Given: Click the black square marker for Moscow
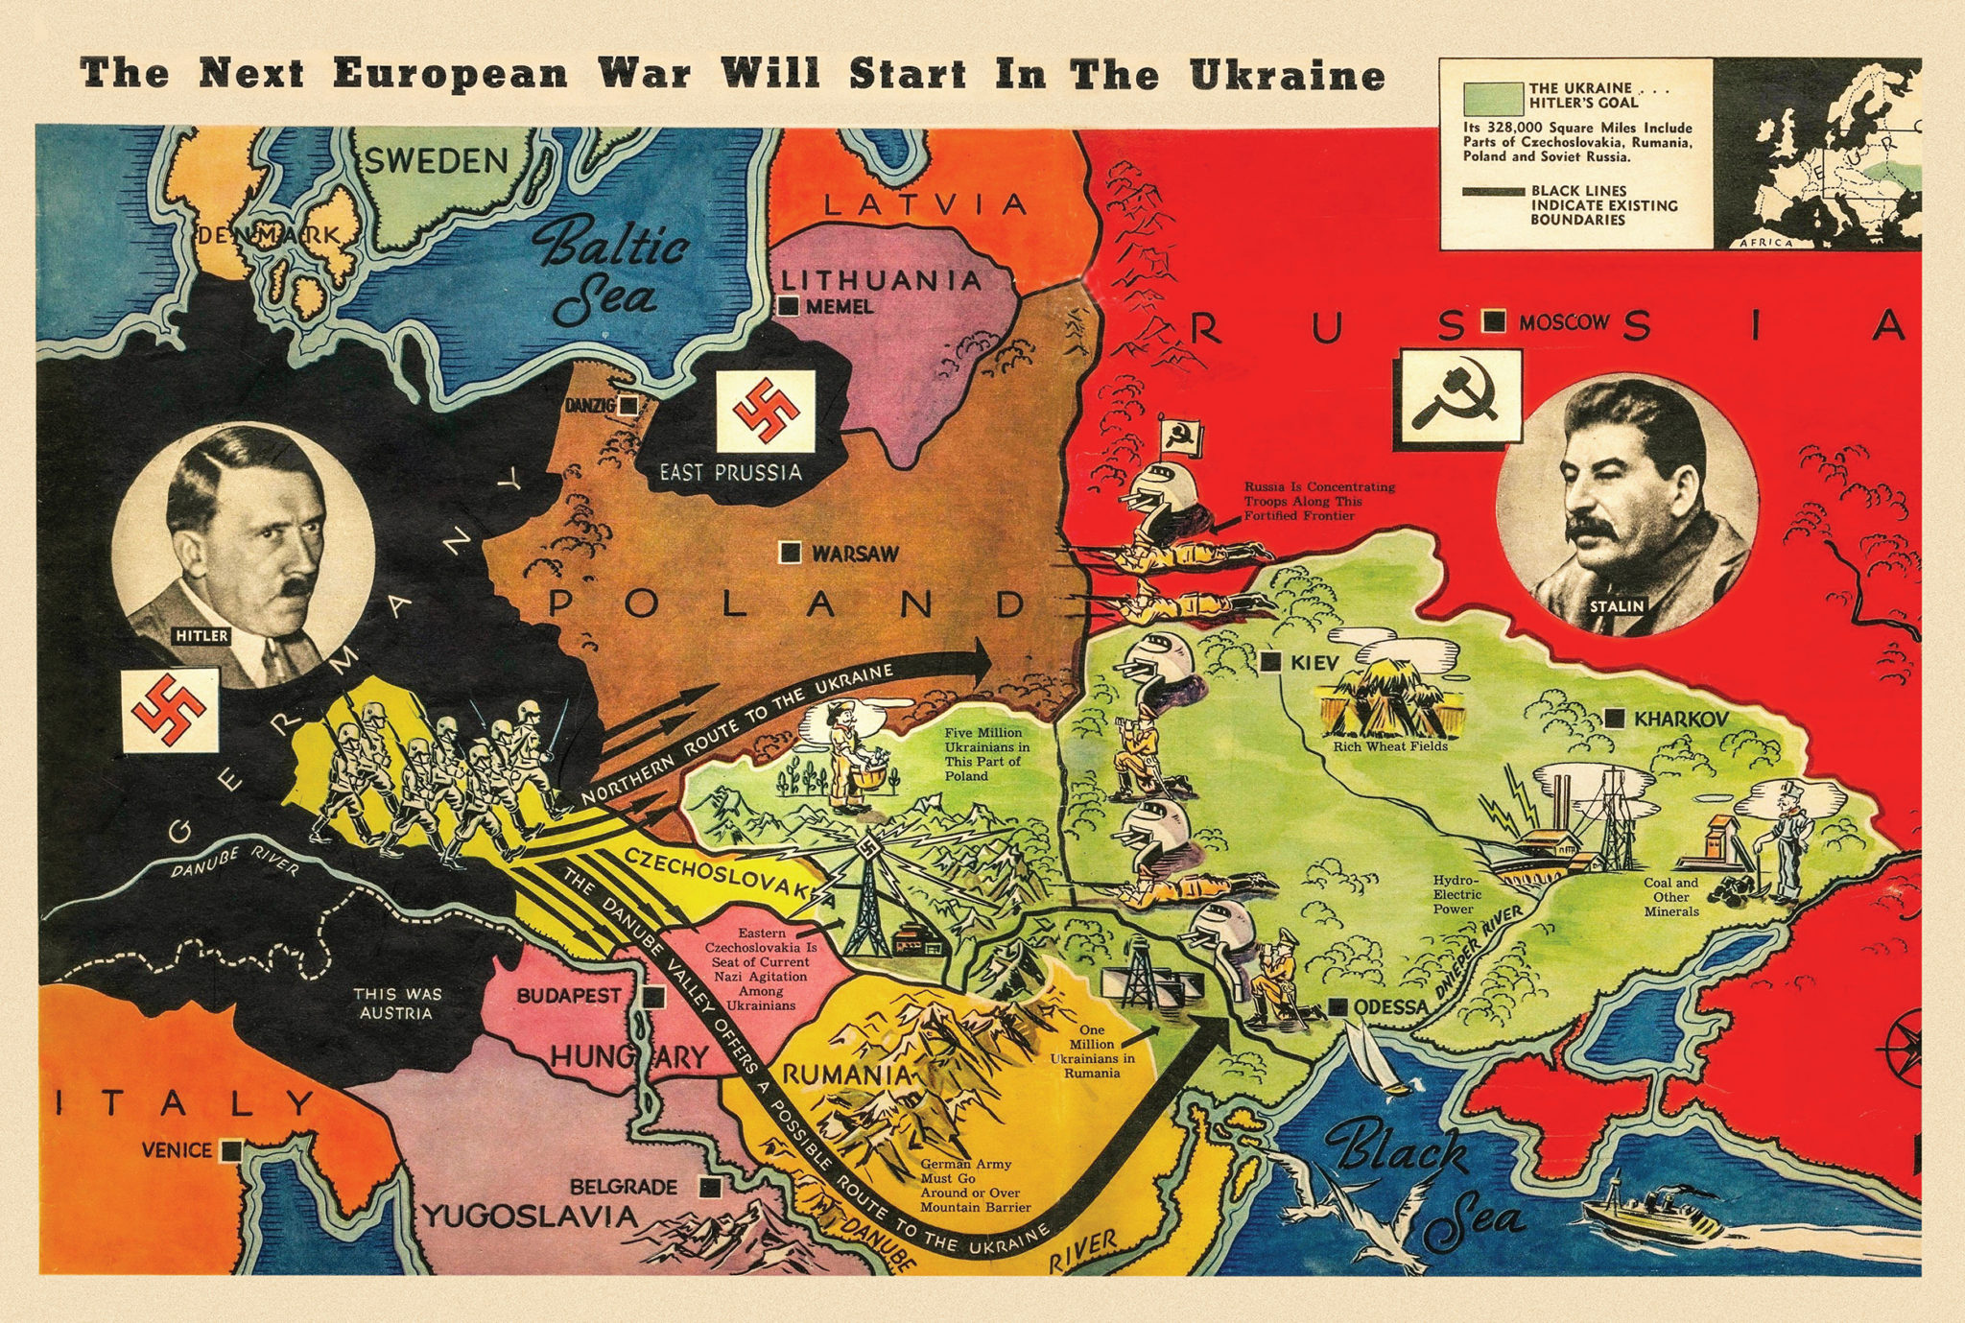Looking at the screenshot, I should click(x=1493, y=322).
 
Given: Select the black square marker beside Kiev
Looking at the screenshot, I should click(x=1271, y=661).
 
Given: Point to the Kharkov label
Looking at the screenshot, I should click(x=1681, y=719).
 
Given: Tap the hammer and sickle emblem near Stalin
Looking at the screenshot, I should click(x=1459, y=397).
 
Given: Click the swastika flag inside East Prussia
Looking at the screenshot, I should click(x=766, y=412).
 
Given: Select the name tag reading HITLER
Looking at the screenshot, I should click(x=201, y=635).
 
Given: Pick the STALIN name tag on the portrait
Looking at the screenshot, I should click(x=1616, y=605).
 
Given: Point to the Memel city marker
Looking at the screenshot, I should click(x=789, y=306).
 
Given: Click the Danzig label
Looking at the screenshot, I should click(x=589, y=406).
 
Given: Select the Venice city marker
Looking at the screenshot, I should click(x=229, y=1149).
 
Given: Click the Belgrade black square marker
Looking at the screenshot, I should click(x=710, y=1187).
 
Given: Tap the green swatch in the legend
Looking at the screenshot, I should click(x=1493, y=98).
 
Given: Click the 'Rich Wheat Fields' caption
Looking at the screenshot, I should click(x=1390, y=745).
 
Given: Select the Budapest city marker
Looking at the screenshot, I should click(x=654, y=997).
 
